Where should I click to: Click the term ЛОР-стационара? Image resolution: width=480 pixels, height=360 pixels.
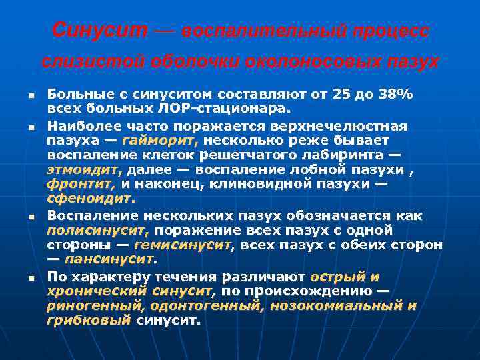[x=227, y=107]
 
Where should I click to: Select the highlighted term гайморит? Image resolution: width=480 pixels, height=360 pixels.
[x=169, y=140]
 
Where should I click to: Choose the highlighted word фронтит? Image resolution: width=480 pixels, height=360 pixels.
[x=81, y=184]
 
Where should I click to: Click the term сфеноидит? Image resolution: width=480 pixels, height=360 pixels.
[x=91, y=199]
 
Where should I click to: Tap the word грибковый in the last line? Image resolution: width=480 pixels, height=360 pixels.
[x=89, y=320]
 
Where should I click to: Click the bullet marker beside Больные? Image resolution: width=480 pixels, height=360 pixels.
[x=31, y=96]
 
